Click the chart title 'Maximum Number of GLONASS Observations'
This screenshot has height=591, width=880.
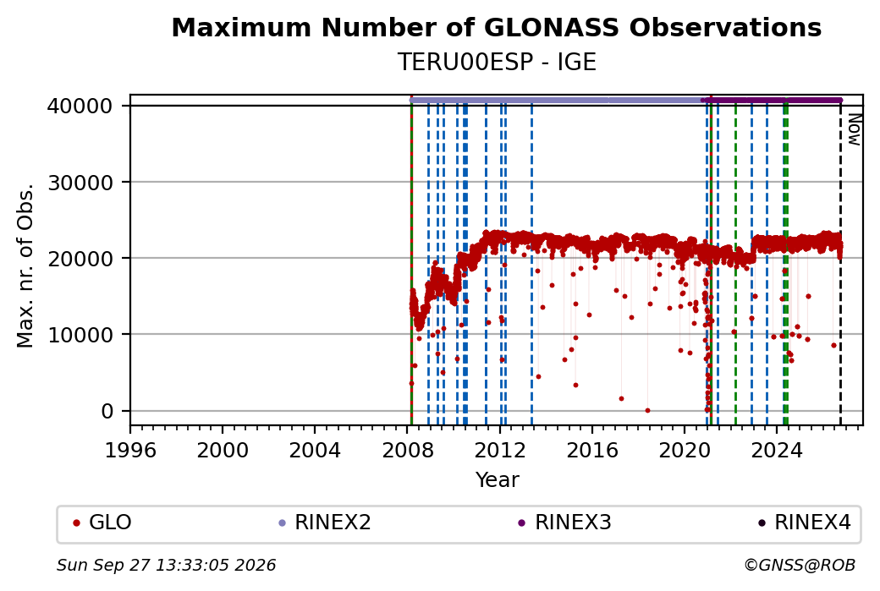(496, 27)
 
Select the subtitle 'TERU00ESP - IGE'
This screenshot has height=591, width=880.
(496, 62)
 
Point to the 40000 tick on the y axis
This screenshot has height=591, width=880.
(80, 106)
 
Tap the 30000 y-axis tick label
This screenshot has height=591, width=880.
(80, 183)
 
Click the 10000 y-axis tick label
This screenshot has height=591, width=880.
(80, 335)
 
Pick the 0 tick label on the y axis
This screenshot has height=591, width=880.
(107, 411)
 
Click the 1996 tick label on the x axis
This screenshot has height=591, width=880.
(130, 450)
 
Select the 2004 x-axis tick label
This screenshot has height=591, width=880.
(314, 450)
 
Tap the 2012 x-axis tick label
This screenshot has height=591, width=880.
(499, 450)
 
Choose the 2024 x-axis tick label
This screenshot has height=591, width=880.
(777, 450)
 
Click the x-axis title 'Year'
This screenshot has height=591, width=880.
(497, 479)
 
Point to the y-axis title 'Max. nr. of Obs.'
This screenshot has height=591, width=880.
(25, 265)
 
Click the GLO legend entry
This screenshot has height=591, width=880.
(102, 523)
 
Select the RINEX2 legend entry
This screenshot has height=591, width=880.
(325, 523)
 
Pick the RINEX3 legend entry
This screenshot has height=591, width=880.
(564, 523)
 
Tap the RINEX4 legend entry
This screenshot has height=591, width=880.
(804, 523)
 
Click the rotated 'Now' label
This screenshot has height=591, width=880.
(854, 129)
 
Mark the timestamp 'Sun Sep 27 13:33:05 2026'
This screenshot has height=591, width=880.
(166, 565)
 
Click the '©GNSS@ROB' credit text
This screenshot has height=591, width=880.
(800, 565)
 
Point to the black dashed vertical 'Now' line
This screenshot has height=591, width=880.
(840, 265)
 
